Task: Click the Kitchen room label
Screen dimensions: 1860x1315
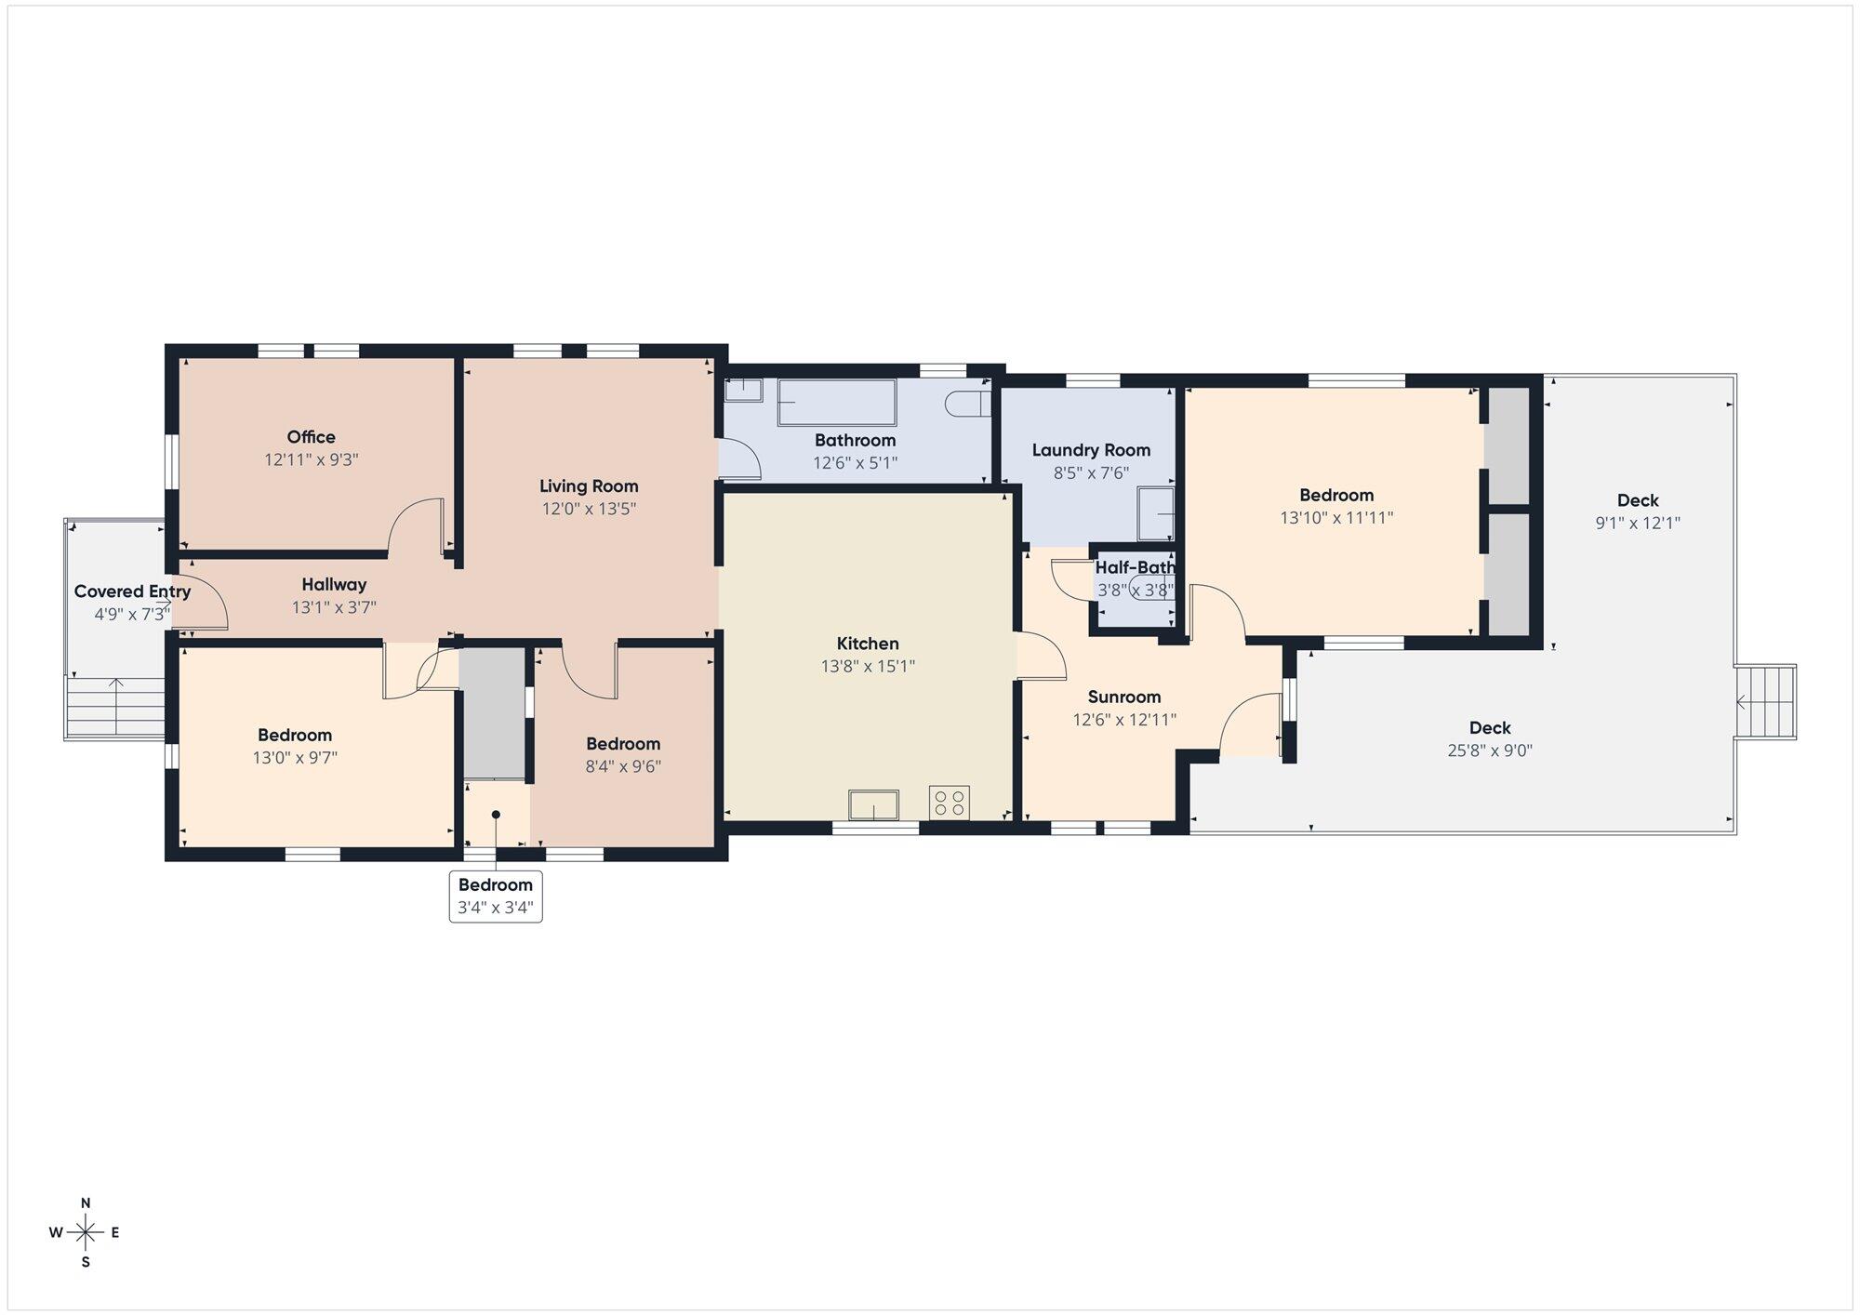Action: pos(868,644)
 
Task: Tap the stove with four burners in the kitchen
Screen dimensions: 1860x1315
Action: pos(949,803)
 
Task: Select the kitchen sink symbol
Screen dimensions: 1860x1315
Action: pos(873,805)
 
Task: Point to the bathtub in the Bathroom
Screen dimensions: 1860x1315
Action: pos(837,403)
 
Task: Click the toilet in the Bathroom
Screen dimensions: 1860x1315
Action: pos(964,404)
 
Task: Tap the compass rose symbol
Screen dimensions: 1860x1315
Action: pos(86,1233)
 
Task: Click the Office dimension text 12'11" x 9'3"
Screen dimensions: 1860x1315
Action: pos(312,459)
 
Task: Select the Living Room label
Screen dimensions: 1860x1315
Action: pos(589,486)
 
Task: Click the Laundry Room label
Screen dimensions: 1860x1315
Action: pos(1091,450)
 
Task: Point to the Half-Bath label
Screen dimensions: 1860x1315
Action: pos(1136,567)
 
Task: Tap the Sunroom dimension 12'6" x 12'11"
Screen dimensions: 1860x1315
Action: pos(1124,720)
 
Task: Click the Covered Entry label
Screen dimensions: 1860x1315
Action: pos(132,591)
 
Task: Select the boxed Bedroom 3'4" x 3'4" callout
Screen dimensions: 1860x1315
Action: pos(496,897)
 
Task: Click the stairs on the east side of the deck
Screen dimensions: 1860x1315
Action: pos(1765,702)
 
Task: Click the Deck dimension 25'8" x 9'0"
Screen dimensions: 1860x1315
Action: pos(1490,750)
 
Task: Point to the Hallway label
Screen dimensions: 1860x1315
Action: pos(334,585)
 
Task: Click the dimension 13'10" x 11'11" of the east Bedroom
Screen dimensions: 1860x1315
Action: pos(1336,518)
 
